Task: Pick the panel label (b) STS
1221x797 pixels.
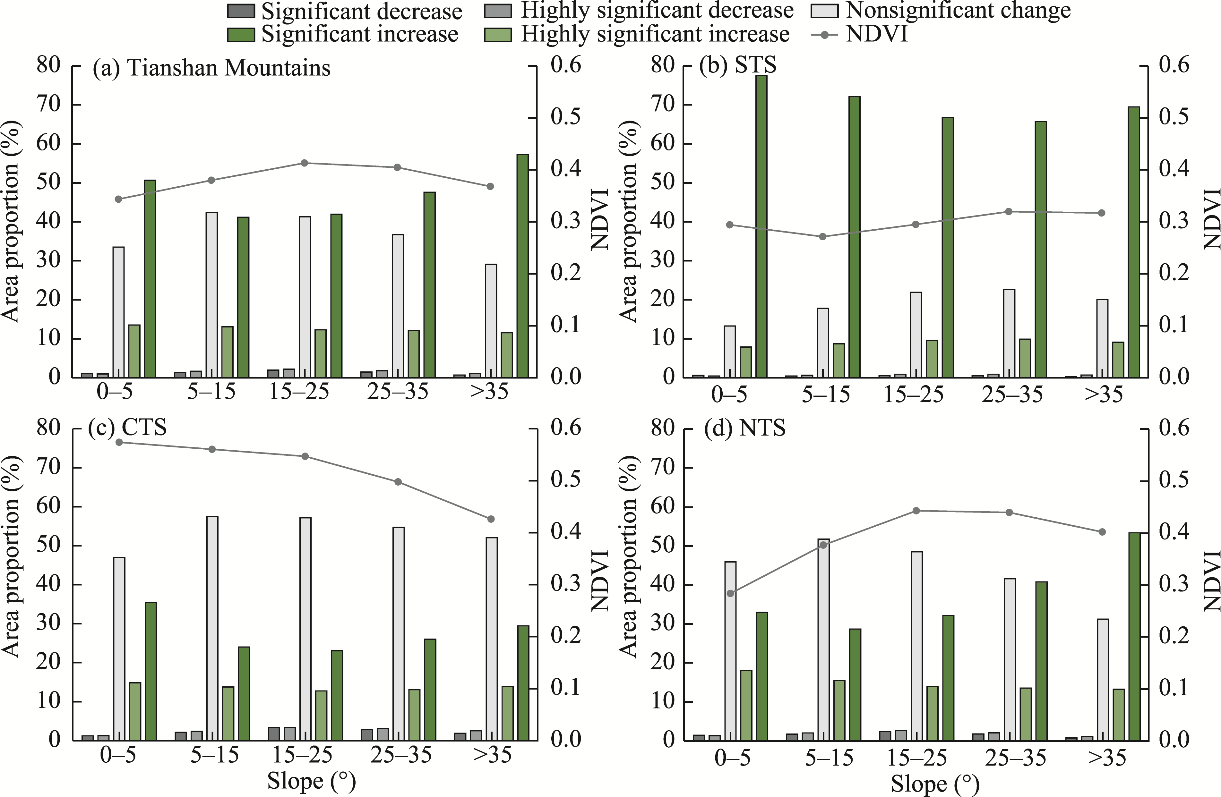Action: pyautogui.click(x=738, y=66)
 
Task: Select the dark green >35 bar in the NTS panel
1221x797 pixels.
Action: pyautogui.click(x=1134, y=636)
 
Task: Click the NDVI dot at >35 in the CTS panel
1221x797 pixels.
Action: pyautogui.click(x=490, y=519)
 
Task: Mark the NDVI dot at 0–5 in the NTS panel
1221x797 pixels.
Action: pyautogui.click(x=731, y=593)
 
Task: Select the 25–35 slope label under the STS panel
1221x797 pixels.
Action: pyautogui.click(x=1012, y=394)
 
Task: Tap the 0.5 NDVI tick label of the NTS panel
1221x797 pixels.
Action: pyautogui.click(x=1174, y=480)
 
